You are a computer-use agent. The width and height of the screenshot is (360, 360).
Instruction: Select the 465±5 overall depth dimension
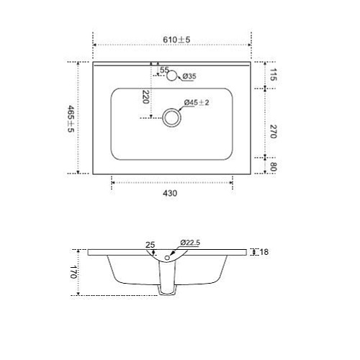(x=70, y=118)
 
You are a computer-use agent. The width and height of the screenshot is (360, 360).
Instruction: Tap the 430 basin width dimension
(x=171, y=193)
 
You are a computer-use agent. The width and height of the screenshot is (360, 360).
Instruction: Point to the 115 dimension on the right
(x=274, y=75)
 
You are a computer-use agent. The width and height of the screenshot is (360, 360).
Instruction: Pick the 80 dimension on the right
(x=274, y=166)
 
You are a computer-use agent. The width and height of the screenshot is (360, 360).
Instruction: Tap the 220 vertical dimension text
(x=145, y=96)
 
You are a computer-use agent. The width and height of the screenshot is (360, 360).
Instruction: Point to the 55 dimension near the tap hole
(x=163, y=70)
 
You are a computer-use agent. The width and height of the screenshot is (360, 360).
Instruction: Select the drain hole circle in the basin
(x=172, y=117)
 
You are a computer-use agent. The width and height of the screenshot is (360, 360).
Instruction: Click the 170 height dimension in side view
(x=72, y=273)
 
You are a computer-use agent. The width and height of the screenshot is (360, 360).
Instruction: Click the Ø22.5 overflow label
(x=190, y=243)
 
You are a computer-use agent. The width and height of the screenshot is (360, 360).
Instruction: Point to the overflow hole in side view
(x=168, y=257)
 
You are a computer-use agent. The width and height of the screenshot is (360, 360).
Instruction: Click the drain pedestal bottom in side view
(x=167, y=293)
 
